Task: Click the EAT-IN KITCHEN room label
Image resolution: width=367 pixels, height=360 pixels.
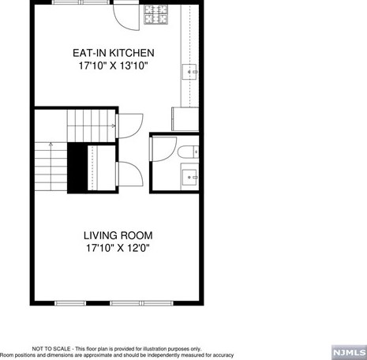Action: point(114,53)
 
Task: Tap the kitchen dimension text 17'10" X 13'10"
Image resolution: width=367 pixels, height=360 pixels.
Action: point(112,66)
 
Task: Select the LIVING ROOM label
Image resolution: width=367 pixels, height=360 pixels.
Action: point(118,235)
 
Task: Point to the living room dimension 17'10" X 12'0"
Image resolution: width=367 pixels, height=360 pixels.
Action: point(118,248)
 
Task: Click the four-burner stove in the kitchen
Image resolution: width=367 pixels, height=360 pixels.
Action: point(155,14)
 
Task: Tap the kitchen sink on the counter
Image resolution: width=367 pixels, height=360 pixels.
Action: point(189,72)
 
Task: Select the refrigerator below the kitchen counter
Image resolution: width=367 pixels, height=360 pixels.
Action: point(185,119)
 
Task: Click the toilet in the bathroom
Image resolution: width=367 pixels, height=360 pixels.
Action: point(189,152)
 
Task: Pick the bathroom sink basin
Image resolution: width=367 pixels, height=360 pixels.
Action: point(189,177)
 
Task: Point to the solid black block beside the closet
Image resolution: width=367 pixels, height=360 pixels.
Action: point(77,168)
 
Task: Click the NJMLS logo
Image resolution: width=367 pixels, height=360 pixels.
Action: point(349,352)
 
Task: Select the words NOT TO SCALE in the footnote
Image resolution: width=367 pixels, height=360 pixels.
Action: point(51,349)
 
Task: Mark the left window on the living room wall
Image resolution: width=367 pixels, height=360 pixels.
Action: point(70,303)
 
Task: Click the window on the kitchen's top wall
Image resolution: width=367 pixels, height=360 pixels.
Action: point(81,2)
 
